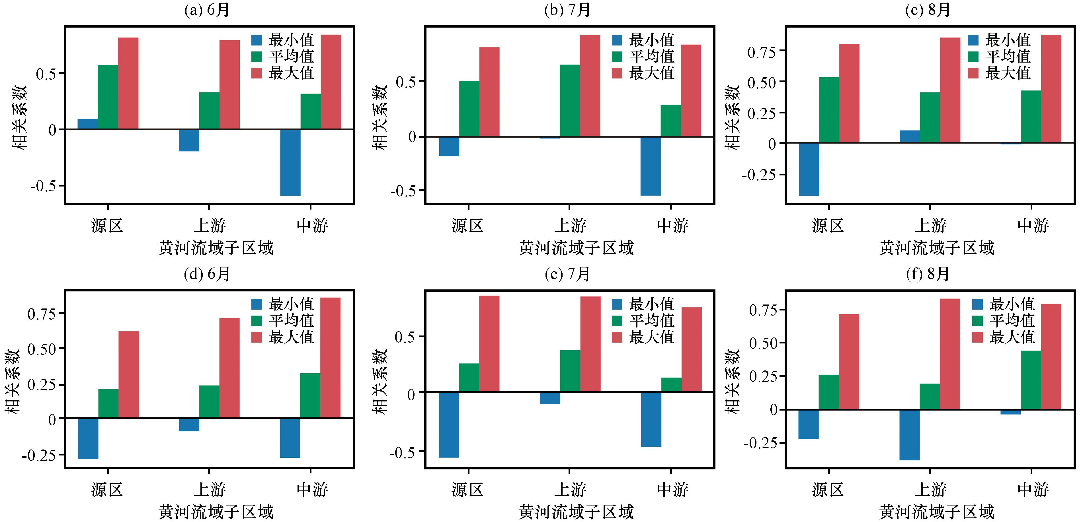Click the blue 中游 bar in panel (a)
coord(290,163)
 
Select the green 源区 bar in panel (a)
coord(108,97)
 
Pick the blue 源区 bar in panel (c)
coord(809,169)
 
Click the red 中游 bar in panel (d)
coord(331,358)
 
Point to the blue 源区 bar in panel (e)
coord(449,424)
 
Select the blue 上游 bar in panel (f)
coord(909,435)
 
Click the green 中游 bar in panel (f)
coord(1031,380)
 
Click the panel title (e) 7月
coord(568,274)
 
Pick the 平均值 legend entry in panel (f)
coord(1004,320)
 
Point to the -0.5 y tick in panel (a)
coord(43,186)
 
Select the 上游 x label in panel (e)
coord(570,489)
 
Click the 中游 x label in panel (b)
coord(672,225)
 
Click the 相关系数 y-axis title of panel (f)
coord(733,382)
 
